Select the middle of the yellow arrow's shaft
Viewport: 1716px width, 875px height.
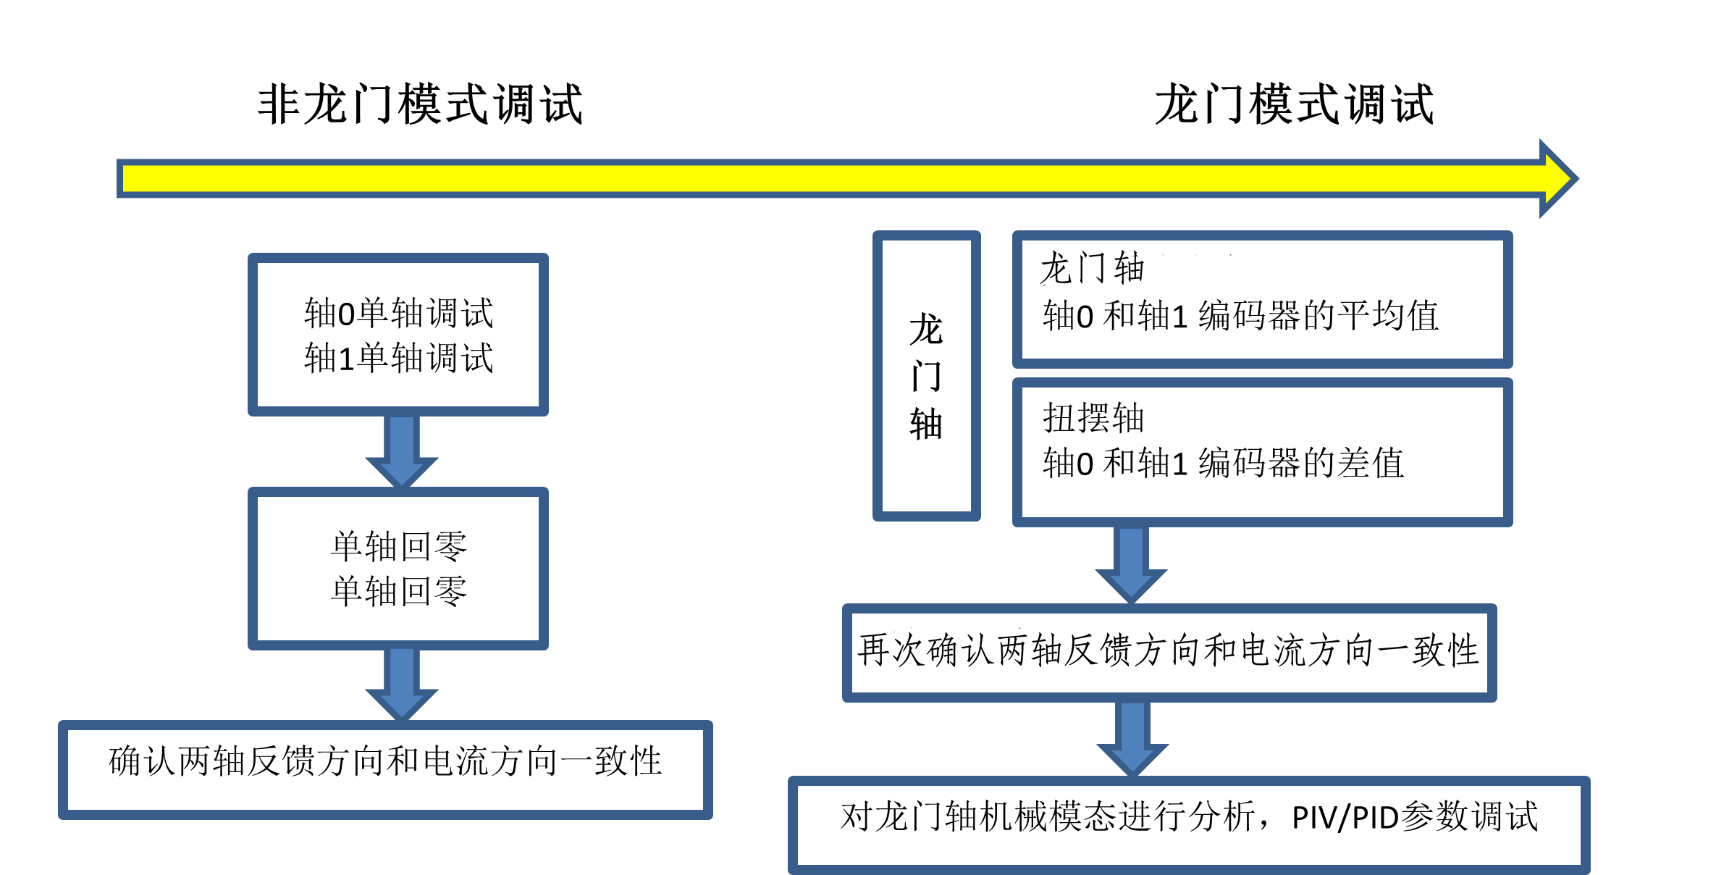(833, 178)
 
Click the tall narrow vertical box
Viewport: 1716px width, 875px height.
(926, 375)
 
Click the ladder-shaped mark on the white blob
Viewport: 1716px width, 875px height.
(1138, 270)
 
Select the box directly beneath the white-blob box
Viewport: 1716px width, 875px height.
(1262, 452)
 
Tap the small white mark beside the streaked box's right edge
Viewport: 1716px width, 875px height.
(1474, 655)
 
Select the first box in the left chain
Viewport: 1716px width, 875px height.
(398, 335)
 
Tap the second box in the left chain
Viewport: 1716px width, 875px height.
(398, 569)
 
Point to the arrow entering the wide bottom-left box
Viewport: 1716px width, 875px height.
(402, 682)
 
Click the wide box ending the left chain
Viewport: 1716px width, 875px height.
(385, 769)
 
